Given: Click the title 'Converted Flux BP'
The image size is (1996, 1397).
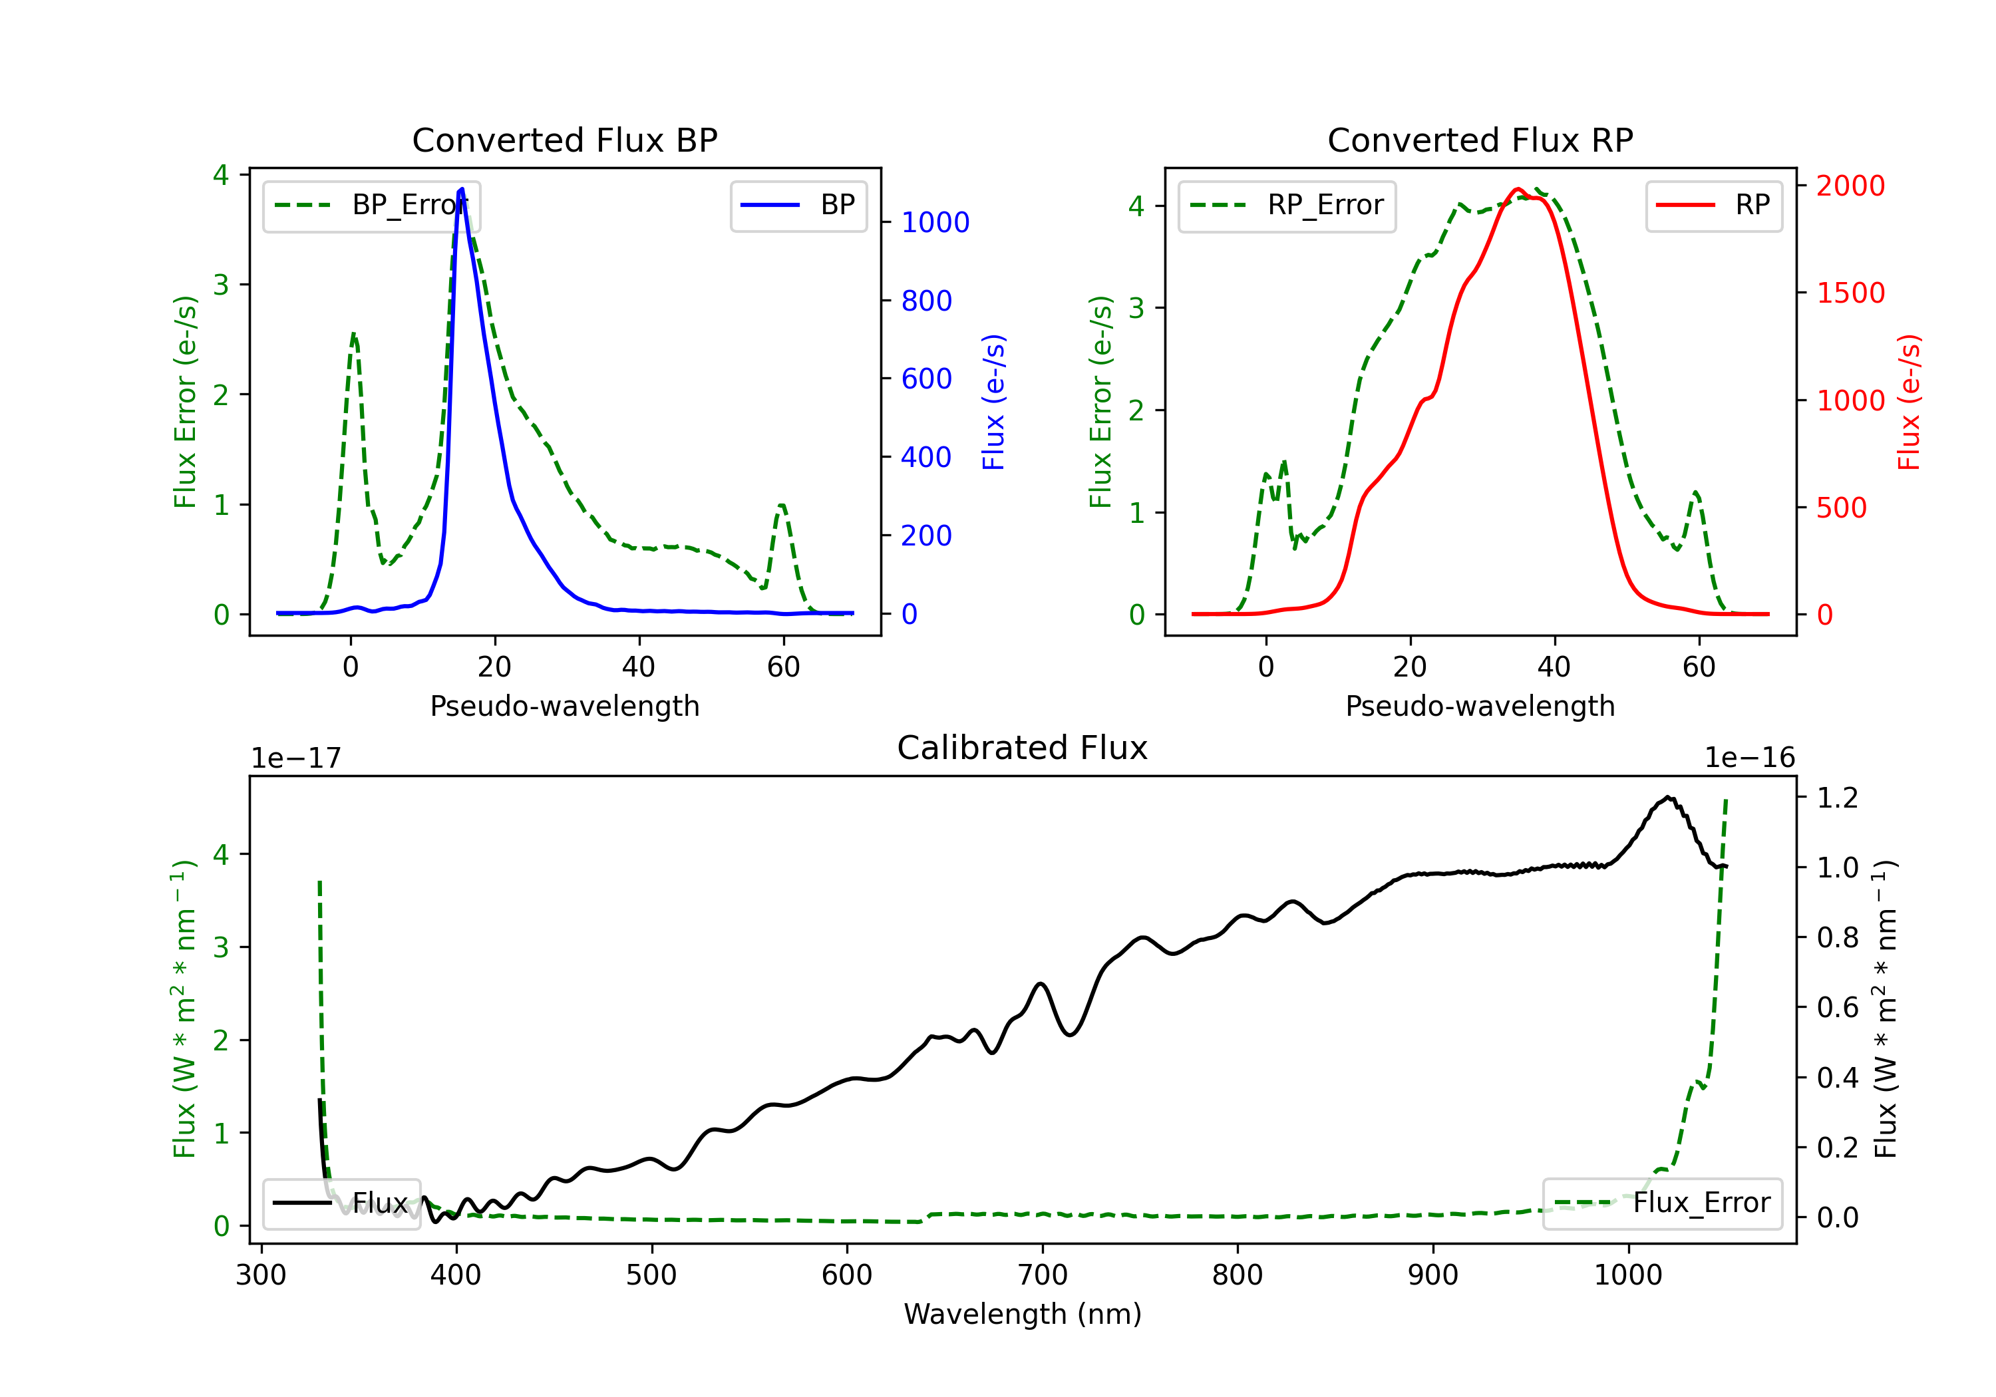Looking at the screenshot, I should coord(564,140).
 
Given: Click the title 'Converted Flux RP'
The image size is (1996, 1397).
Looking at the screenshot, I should coord(1480,140).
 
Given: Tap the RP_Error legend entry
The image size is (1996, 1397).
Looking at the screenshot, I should coord(1287,205).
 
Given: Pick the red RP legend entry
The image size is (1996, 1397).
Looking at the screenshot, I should coord(1713,205).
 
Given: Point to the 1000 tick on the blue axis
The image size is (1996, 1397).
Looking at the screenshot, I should coord(935,223).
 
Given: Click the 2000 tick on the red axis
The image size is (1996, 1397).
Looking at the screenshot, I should coord(1850,185).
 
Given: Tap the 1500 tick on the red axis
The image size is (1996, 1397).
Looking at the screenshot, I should coord(1850,293).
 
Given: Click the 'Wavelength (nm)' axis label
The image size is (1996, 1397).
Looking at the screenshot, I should coord(1023,1314).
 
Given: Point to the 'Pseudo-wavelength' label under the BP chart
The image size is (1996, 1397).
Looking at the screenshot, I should coord(564,706).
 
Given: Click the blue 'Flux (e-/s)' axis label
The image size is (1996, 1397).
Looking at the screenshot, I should coord(993,402).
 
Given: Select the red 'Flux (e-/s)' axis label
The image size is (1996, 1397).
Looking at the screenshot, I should coord(1908,402).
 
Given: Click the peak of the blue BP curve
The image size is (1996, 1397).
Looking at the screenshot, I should coord(462,189).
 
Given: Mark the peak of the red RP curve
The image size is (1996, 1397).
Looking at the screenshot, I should coord(1518,189).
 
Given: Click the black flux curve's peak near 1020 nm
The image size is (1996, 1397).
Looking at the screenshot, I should coord(1667,797).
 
